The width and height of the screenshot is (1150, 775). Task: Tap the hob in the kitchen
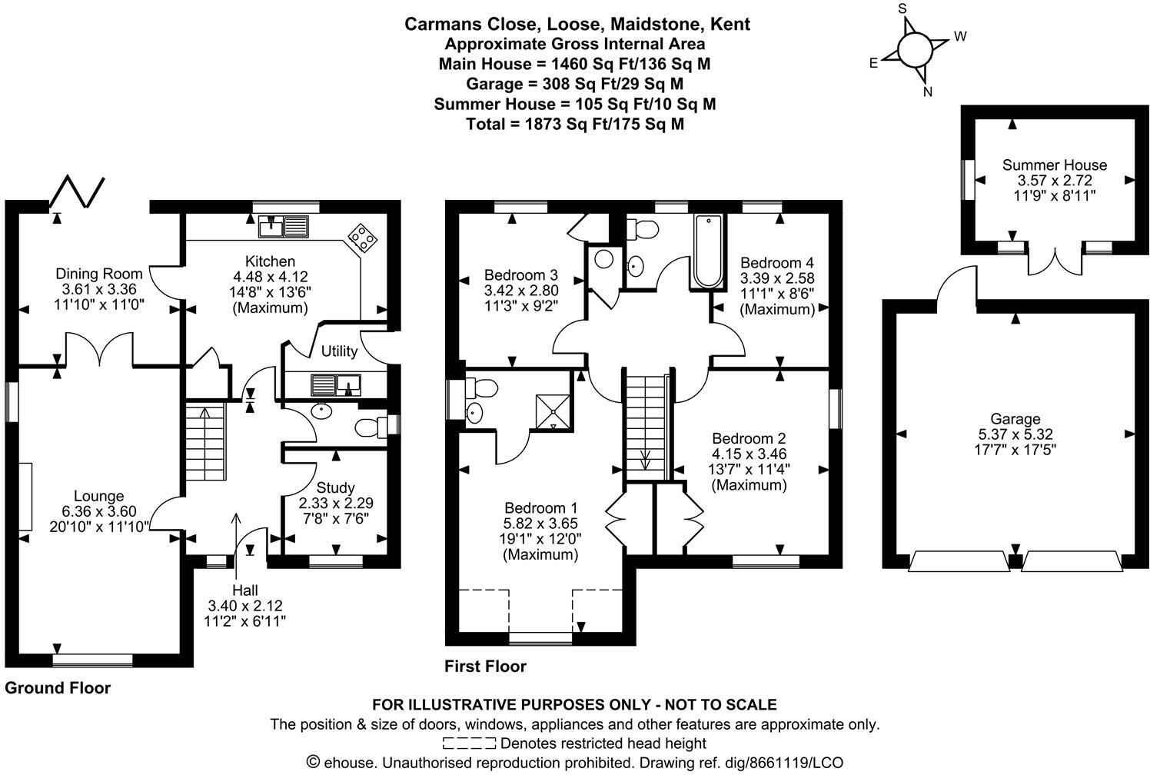[363, 238]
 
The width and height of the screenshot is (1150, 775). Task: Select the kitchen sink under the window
[284, 226]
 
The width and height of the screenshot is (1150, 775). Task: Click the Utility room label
[339, 351]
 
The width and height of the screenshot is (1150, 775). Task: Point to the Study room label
[336, 487]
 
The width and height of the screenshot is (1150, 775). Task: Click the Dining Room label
[99, 274]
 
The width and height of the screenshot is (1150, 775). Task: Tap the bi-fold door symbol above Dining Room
[77, 191]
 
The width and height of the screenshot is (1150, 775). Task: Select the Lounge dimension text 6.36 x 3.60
[99, 511]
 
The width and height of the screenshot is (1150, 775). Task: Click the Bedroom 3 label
[521, 275]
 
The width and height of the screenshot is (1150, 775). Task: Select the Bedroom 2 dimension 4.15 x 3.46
[749, 454]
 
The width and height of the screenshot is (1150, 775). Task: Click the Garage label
[1015, 419]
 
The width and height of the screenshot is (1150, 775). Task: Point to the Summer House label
[1055, 165]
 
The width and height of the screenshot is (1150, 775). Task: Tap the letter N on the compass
[927, 92]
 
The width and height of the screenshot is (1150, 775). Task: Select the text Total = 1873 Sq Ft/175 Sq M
[575, 124]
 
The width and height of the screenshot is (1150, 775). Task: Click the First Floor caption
[485, 667]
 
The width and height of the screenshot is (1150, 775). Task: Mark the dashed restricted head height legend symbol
[469, 743]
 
